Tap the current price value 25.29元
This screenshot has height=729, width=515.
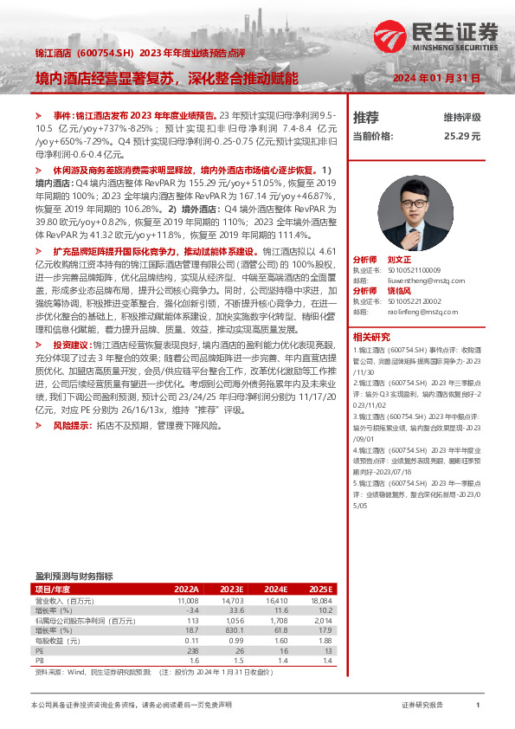(x=462, y=136)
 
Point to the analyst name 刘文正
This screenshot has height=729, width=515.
(x=400, y=260)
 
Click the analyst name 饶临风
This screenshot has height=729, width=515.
(x=400, y=290)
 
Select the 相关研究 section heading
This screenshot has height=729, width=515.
(x=373, y=336)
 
